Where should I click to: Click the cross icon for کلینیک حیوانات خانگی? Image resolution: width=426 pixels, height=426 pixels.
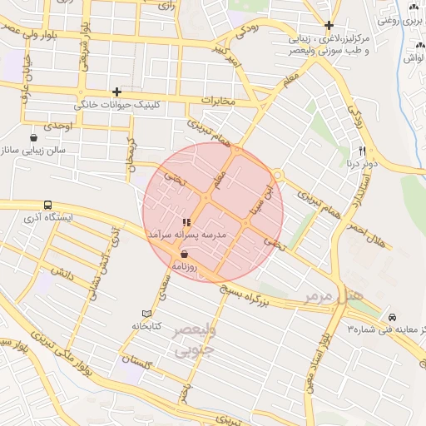pos(116,92)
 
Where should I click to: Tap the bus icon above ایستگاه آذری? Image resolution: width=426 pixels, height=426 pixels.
pos(47,204)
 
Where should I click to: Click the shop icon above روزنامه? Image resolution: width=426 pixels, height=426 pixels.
pos(184,254)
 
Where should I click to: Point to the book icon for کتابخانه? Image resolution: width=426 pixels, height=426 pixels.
pos(147,313)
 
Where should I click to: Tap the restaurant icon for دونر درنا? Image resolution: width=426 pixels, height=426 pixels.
pos(362,151)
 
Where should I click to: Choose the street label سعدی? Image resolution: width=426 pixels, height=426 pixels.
pos(166,293)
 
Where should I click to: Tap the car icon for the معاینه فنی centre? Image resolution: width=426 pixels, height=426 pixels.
pos(392,318)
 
